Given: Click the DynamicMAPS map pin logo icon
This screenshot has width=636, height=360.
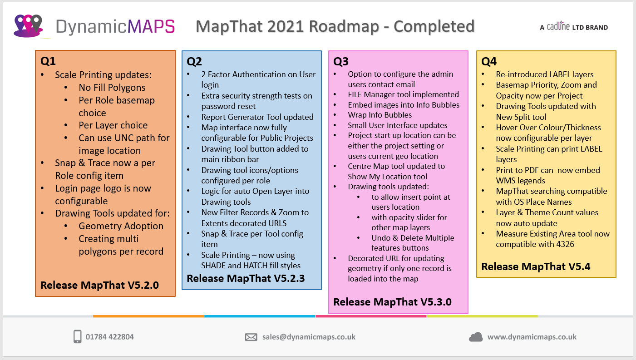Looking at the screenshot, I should [28, 26].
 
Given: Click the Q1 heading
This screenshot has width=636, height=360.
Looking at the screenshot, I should [48, 61].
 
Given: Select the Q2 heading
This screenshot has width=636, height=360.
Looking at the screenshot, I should [194, 61].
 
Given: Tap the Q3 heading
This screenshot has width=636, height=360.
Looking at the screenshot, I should [341, 61].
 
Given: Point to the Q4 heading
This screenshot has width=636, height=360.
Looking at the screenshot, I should [489, 61].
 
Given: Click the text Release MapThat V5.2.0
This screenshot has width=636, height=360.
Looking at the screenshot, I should [99, 285].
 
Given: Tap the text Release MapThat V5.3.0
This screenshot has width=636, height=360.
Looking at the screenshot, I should [392, 301].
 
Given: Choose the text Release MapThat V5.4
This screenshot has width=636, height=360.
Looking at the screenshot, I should [536, 266].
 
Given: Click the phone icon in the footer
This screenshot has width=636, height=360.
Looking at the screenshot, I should [77, 337].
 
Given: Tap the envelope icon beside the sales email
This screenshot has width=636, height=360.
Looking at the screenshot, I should [251, 337].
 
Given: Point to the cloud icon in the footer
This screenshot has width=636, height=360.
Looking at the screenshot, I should [476, 337].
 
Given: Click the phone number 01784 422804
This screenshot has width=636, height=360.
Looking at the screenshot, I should [110, 337].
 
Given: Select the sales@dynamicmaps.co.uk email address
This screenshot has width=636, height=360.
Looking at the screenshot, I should [309, 337].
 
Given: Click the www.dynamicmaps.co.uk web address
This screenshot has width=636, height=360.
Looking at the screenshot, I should [532, 337].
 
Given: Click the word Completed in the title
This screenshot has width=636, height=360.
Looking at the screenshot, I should [434, 26].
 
